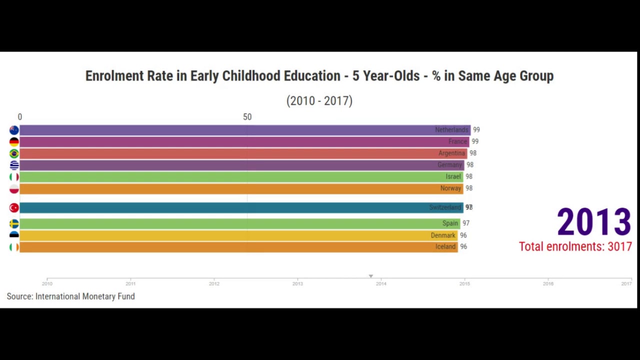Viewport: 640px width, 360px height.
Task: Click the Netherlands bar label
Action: pyautogui.click(x=451, y=130)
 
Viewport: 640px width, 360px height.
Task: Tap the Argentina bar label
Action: pyautogui.click(x=451, y=153)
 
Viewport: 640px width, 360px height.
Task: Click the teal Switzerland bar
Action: pyautogui.click(x=240, y=207)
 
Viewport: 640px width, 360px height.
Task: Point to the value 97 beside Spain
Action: pyautogui.click(x=466, y=223)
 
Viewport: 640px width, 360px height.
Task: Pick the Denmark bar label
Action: pyautogui.click(x=443, y=235)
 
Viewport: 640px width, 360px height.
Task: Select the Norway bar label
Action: pyautogui.click(x=450, y=188)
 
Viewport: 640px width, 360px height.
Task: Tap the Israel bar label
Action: pyautogui.click(x=453, y=176)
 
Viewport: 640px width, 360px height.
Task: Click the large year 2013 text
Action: pyautogui.click(x=594, y=222)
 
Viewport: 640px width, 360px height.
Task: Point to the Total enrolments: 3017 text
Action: pyautogui.click(x=575, y=246)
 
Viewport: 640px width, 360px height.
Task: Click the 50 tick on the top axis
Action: pyautogui.click(x=247, y=117)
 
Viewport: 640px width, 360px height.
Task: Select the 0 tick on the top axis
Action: pyautogui.click(x=20, y=117)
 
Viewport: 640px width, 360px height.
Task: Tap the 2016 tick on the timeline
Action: pyautogui.click(x=548, y=283)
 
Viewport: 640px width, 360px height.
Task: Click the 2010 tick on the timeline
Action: pyautogui.click(x=47, y=283)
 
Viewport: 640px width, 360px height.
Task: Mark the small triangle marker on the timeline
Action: pyautogui.click(x=370, y=276)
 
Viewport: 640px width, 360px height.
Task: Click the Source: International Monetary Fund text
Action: pyautogui.click(x=70, y=296)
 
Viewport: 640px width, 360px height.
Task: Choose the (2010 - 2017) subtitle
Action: pyautogui.click(x=319, y=101)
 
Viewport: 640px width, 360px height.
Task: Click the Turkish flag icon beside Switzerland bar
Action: pyautogui.click(x=14, y=207)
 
